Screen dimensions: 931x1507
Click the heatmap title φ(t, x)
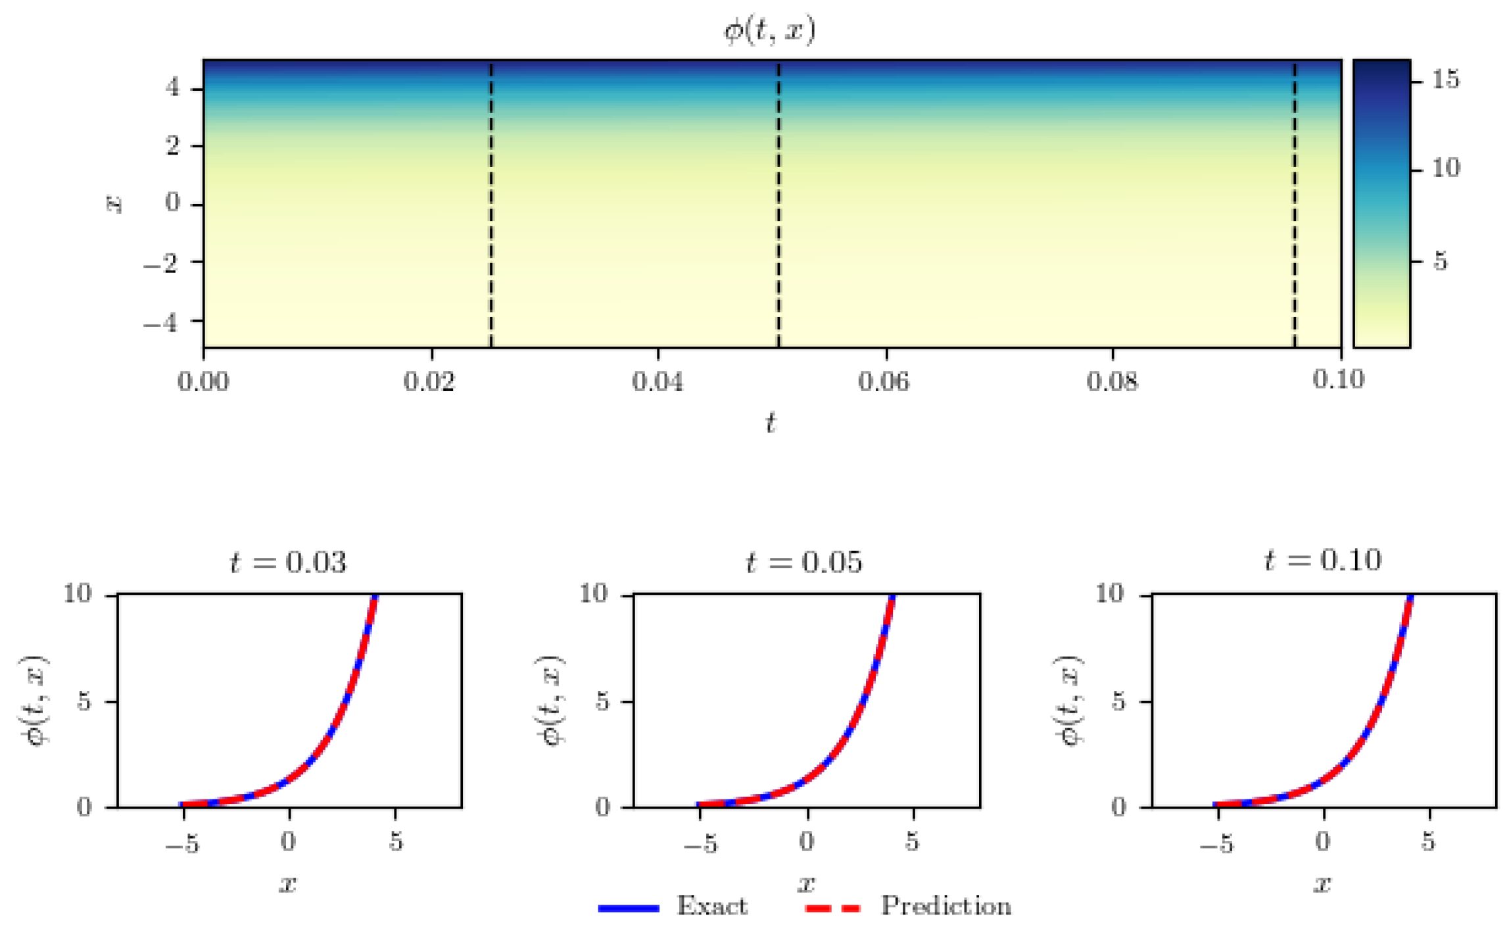point(769,30)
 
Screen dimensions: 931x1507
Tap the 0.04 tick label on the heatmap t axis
point(658,381)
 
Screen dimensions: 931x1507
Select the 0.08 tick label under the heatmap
point(1112,381)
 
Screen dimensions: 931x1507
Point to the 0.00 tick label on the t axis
point(203,381)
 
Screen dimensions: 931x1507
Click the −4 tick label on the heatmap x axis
point(161,322)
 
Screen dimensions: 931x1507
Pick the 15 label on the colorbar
point(1445,80)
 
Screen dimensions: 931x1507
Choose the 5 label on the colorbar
point(1441,262)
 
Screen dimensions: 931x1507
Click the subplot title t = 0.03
point(288,563)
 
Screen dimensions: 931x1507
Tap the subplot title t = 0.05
point(804,563)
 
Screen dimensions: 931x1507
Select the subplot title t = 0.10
point(1323,560)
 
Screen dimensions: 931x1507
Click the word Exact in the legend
point(712,906)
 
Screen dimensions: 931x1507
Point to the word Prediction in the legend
point(945,906)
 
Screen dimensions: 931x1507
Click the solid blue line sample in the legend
point(628,909)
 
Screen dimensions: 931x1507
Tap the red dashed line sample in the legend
point(833,909)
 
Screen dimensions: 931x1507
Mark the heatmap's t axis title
point(771,422)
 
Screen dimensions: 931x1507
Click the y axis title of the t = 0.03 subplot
point(34,700)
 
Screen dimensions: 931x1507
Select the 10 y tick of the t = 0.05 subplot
point(593,594)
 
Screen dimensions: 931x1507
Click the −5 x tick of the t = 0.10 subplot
point(1216,843)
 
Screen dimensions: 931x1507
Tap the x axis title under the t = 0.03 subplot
point(288,884)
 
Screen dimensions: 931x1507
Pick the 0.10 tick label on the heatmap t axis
point(1339,380)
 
